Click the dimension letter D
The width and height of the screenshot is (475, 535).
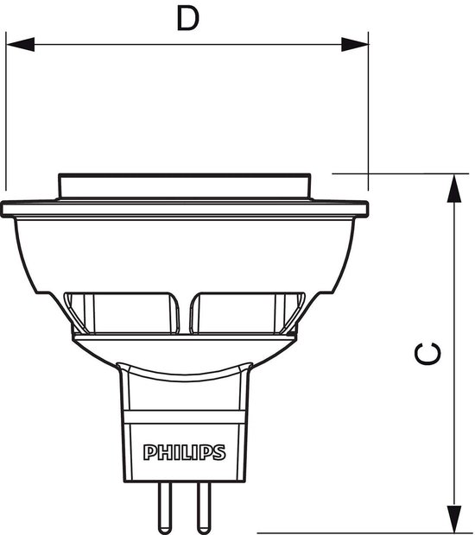tap(187, 18)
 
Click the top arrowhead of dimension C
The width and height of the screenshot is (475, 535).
tap(451, 186)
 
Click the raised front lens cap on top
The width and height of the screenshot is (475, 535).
tap(183, 186)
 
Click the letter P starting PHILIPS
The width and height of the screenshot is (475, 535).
tap(148, 452)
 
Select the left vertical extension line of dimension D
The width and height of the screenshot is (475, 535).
tap(5, 112)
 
